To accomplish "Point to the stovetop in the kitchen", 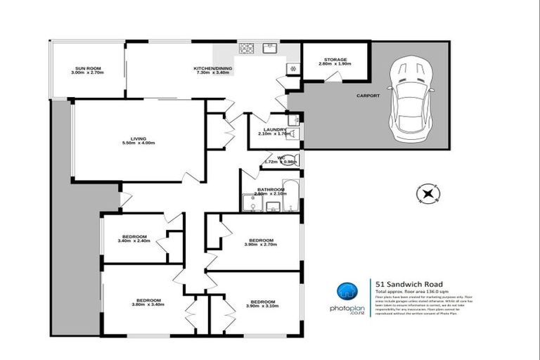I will pos(247,49).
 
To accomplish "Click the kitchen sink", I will pos(269,49).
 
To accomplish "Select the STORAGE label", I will pos(335,59).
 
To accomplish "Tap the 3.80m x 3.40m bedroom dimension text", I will pos(148,305).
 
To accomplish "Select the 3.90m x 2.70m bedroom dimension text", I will pos(261,244).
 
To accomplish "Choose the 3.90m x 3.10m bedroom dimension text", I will pos(261,305).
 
